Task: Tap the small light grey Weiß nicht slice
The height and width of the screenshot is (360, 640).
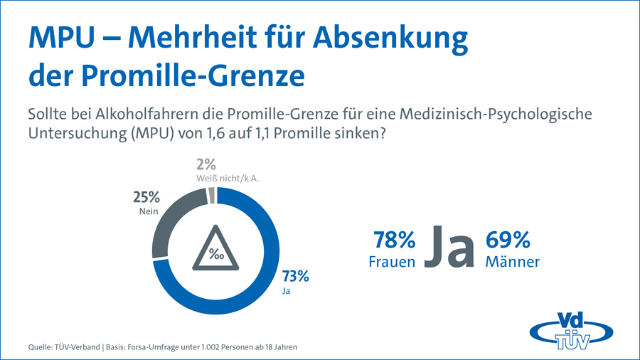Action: pyautogui.click(x=210, y=196)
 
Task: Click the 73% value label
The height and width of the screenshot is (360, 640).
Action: pyautogui.click(x=295, y=275)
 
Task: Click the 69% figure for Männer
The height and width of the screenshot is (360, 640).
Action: pyautogui.click(x=507, y=240)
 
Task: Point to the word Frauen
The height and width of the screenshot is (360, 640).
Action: pyautogui.click(x=392, y=262)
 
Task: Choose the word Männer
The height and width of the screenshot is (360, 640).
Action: pyautogui.click(x=512, y=262)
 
